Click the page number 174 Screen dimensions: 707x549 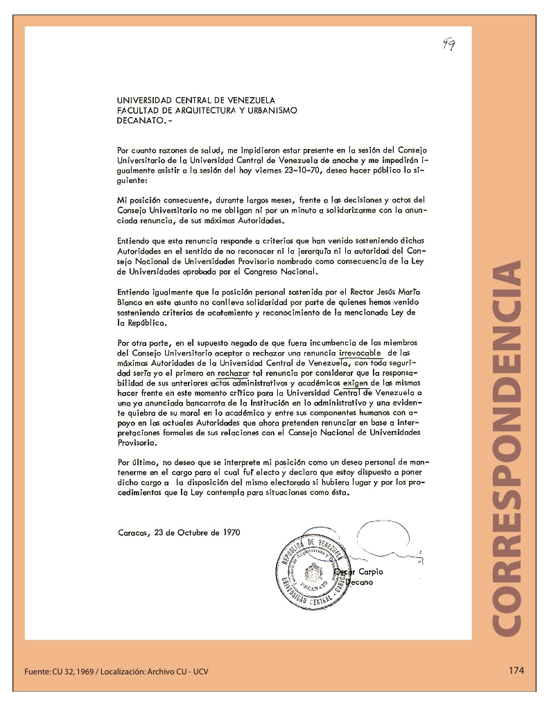[x=516, y=670]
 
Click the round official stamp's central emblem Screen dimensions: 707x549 [x=313, y=573]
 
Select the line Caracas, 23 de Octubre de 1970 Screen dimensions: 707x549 [x=180, y=533]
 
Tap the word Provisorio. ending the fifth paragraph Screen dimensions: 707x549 [x=137, y=442]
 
